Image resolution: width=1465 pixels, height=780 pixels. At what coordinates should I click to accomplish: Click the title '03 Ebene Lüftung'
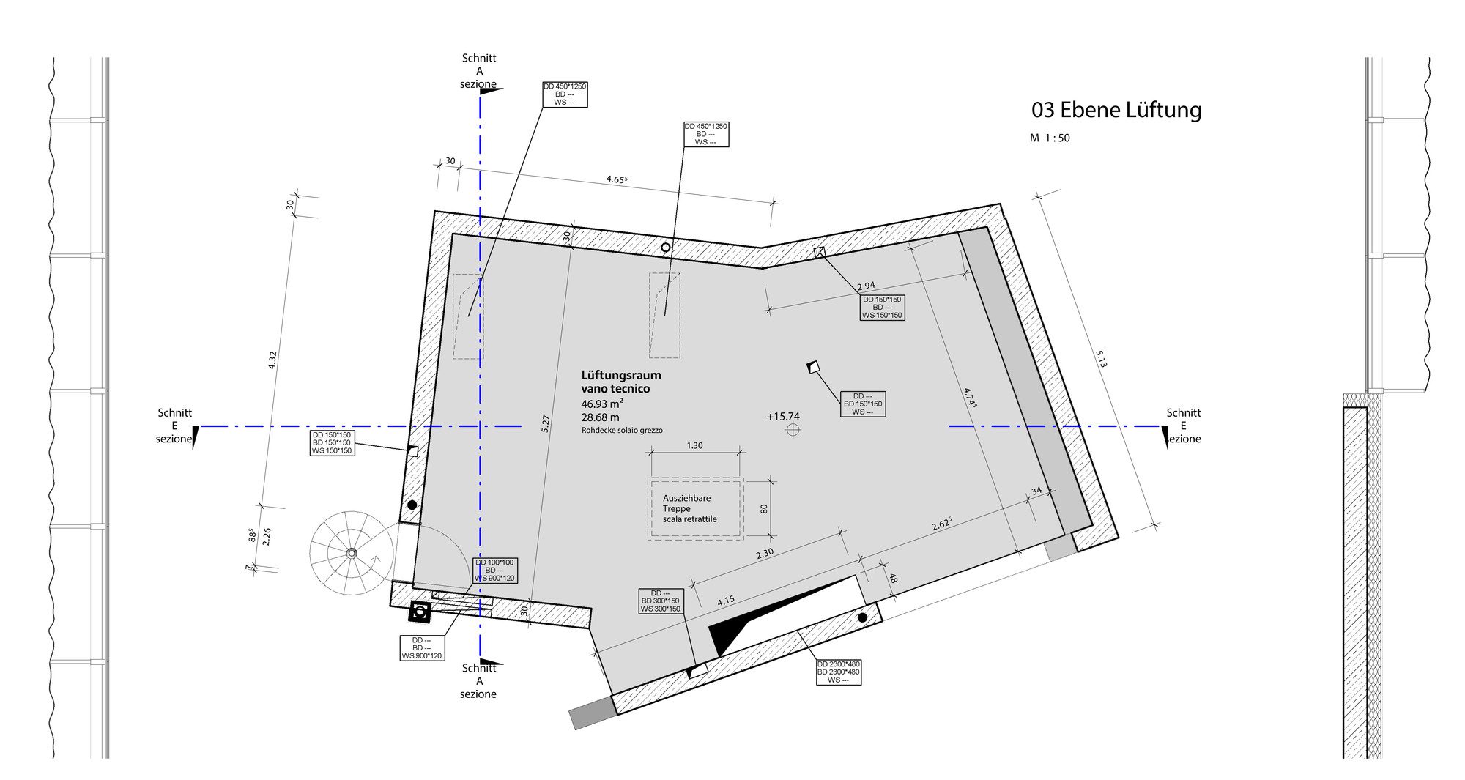tap(1116, 110)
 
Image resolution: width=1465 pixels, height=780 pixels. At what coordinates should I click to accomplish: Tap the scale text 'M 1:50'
tap(1050, 138)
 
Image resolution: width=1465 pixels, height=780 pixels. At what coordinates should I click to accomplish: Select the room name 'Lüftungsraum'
tap(621, 375)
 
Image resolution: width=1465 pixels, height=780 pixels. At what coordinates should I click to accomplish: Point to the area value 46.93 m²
tap(602, 404)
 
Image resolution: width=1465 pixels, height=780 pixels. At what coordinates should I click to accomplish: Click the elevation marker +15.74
tap(783, 417)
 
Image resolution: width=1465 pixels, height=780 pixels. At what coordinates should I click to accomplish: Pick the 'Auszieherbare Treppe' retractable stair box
tap(695, 508)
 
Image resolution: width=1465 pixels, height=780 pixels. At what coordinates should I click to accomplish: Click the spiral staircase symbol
tap(351, 554)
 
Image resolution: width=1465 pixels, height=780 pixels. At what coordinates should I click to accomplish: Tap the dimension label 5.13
tap(1102, 359)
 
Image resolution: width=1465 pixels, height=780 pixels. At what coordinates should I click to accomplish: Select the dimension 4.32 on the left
tap(272, 360)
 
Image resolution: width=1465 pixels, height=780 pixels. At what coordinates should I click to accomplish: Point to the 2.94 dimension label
tap(866, 286)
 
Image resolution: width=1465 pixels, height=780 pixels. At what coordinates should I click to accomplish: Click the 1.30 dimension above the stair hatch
tap(694, 445)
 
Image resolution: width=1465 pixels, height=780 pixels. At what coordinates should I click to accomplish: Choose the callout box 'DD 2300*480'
tap(839, 672)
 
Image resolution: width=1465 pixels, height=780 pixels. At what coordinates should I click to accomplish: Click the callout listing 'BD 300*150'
tap(661, 601)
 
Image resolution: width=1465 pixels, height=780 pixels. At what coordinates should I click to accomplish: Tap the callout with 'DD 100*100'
tap(495, 571)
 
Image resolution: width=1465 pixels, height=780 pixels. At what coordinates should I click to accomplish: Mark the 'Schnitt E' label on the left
tap(174, 426)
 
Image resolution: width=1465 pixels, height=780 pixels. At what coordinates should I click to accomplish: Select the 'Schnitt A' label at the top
tap(478, 71)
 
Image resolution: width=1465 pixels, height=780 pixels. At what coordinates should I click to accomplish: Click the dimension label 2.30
tap(765, 554)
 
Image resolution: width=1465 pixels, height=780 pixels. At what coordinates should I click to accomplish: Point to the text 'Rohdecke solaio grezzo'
tap(622, 431)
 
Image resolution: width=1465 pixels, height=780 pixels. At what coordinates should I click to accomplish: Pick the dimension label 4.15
tap(726, 601)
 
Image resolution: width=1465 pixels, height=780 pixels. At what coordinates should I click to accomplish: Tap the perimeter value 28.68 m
tap(600, 417)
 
